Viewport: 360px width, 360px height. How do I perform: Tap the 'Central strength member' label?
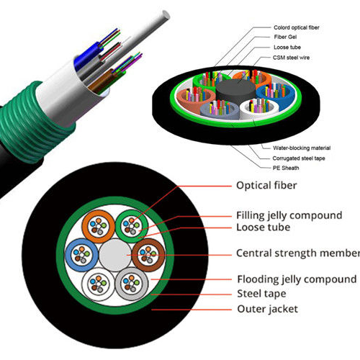[x=297, y=253]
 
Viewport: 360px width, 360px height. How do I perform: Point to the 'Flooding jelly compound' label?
[x=296, y=279]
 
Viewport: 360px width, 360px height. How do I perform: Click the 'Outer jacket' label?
[x=267, y=309]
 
